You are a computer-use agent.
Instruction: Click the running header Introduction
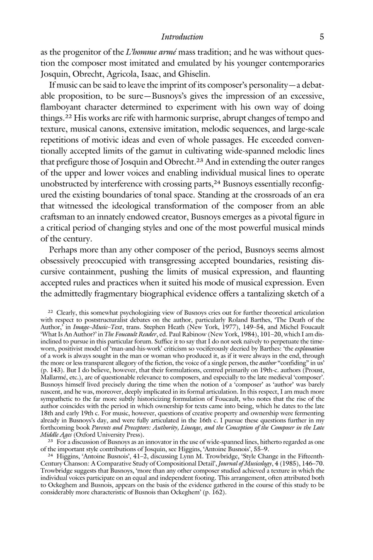182,37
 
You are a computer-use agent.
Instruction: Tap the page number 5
322,37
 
